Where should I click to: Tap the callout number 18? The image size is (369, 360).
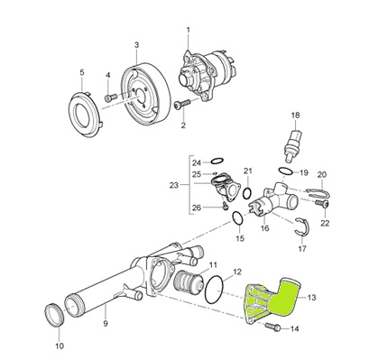tap(296, 115)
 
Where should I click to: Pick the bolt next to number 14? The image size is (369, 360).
tap(272, 326)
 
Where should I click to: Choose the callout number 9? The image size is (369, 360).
tap(106, 324)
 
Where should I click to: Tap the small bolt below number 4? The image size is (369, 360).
tap(112, 97)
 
